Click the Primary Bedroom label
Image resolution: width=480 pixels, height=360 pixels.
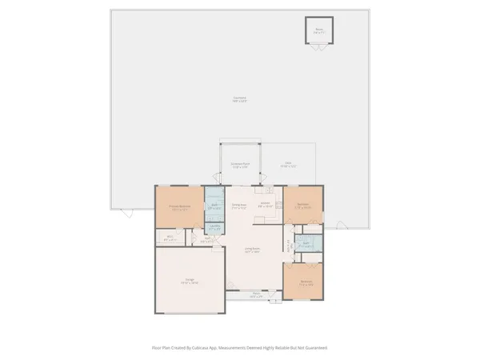click(x=178, y=207)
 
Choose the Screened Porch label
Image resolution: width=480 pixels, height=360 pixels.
click(x=240, y=166)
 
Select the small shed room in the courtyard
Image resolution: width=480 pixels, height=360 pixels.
click(x=319, y=30)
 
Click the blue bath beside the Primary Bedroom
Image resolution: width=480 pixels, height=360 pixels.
click(x=215, y=205)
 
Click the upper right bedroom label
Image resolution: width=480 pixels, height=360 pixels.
click(x=304, y=205)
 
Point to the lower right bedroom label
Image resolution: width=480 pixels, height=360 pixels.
click(x=306, y=282)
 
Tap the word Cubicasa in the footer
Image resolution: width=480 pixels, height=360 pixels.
click(x=211, y=348)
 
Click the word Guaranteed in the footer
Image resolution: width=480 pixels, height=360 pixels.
click(x=314, y=348)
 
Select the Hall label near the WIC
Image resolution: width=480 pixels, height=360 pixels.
click(x=206, y=238)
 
